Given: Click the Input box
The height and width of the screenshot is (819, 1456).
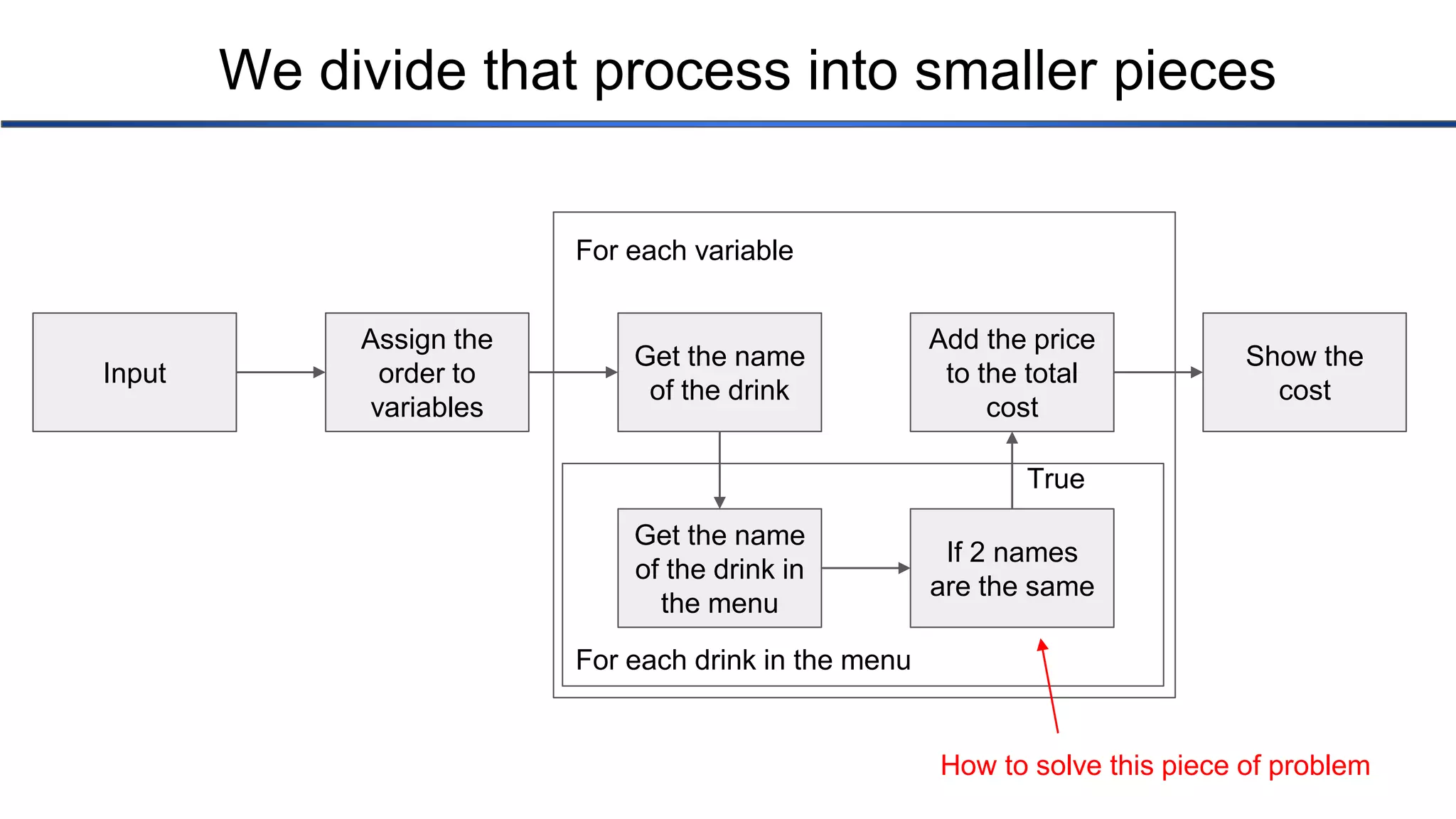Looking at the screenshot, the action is pyautogui.click(x=134, y=373).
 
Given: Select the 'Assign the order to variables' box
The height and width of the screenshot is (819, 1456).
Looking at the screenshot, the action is pyautogui.click(x=427, y=373).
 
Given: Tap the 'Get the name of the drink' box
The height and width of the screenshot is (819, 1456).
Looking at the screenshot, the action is pyautogui.click(x=719, y=373).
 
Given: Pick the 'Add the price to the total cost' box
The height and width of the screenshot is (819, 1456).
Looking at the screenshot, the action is pyautogui.click(x=1012, y=373).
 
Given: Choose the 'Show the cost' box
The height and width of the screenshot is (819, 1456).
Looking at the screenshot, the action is pyautogui.click(x=1304, y=373).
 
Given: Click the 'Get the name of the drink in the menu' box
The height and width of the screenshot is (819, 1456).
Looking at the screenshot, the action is pyautogui.click(x=719, y=568).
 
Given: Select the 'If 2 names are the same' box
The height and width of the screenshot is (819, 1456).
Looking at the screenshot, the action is pyautogui.click(x=1012, y=568).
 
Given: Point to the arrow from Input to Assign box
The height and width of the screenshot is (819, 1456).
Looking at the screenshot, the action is pyautogui.click(x=281, y=372).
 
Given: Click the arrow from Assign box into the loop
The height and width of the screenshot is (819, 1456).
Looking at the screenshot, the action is pyautogui.click(x=573, y=372).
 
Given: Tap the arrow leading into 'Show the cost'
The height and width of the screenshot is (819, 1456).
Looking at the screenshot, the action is pyautogui.click(x=1158, y=372).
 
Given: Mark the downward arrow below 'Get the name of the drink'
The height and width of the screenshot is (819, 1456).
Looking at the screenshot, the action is pyautogui.click(x=719, y=470).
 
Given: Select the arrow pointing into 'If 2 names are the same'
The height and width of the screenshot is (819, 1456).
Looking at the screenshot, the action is pyautogui.click(x=866, y=568).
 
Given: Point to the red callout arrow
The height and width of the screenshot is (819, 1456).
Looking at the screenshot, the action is pyautogui.click(x=1050, y=686).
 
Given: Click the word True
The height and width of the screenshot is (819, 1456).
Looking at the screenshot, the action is pyautogui.click(x=1056, y=479).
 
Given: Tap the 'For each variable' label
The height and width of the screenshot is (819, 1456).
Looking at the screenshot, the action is pyautogui.click(x=684, y=251).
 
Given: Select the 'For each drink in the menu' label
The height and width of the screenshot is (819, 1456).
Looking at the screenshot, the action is pyautogui.click(x=743, y=660).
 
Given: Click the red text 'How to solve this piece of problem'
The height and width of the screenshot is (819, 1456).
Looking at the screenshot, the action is pyautogui.click(x=1155, y=766).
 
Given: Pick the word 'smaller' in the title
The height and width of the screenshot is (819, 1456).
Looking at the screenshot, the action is pyautogui.click(x=1006, y=70).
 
